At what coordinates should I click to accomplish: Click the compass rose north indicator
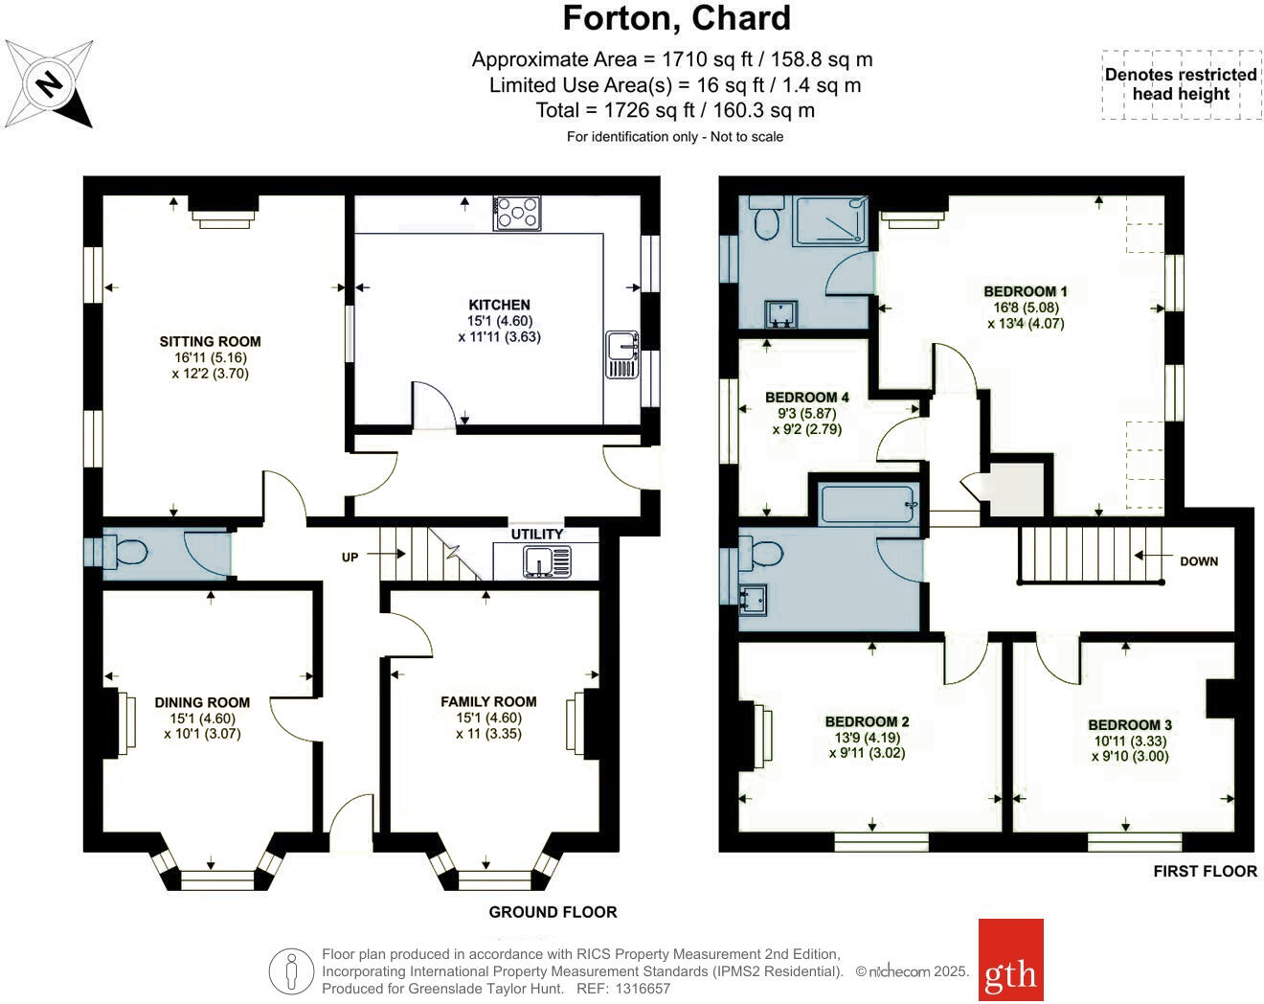[49, 84]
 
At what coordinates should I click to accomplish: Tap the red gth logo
[1010, 960]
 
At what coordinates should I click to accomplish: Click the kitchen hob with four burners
[517, 213]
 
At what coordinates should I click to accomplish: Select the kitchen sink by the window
[622, 354]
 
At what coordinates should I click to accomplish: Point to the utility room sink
[547, 561]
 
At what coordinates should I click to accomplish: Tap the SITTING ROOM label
[210, 341]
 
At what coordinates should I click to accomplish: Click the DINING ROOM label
[202, 702]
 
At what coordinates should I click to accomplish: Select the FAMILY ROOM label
[488, 701]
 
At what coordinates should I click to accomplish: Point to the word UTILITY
[537, 534]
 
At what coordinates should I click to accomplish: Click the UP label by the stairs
[350, 557]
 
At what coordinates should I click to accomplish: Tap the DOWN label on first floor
[1199, 561]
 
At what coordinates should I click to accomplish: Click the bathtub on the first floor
[868, 504]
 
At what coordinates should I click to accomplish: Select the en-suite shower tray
[830, 220]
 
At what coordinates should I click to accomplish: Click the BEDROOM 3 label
[1130, 725]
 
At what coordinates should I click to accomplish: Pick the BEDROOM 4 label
[807, 397]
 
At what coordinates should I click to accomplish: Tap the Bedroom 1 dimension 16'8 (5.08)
[1026, 308]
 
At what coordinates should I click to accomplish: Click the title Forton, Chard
[676, 18]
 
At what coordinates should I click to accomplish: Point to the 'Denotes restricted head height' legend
[1181, 84]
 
